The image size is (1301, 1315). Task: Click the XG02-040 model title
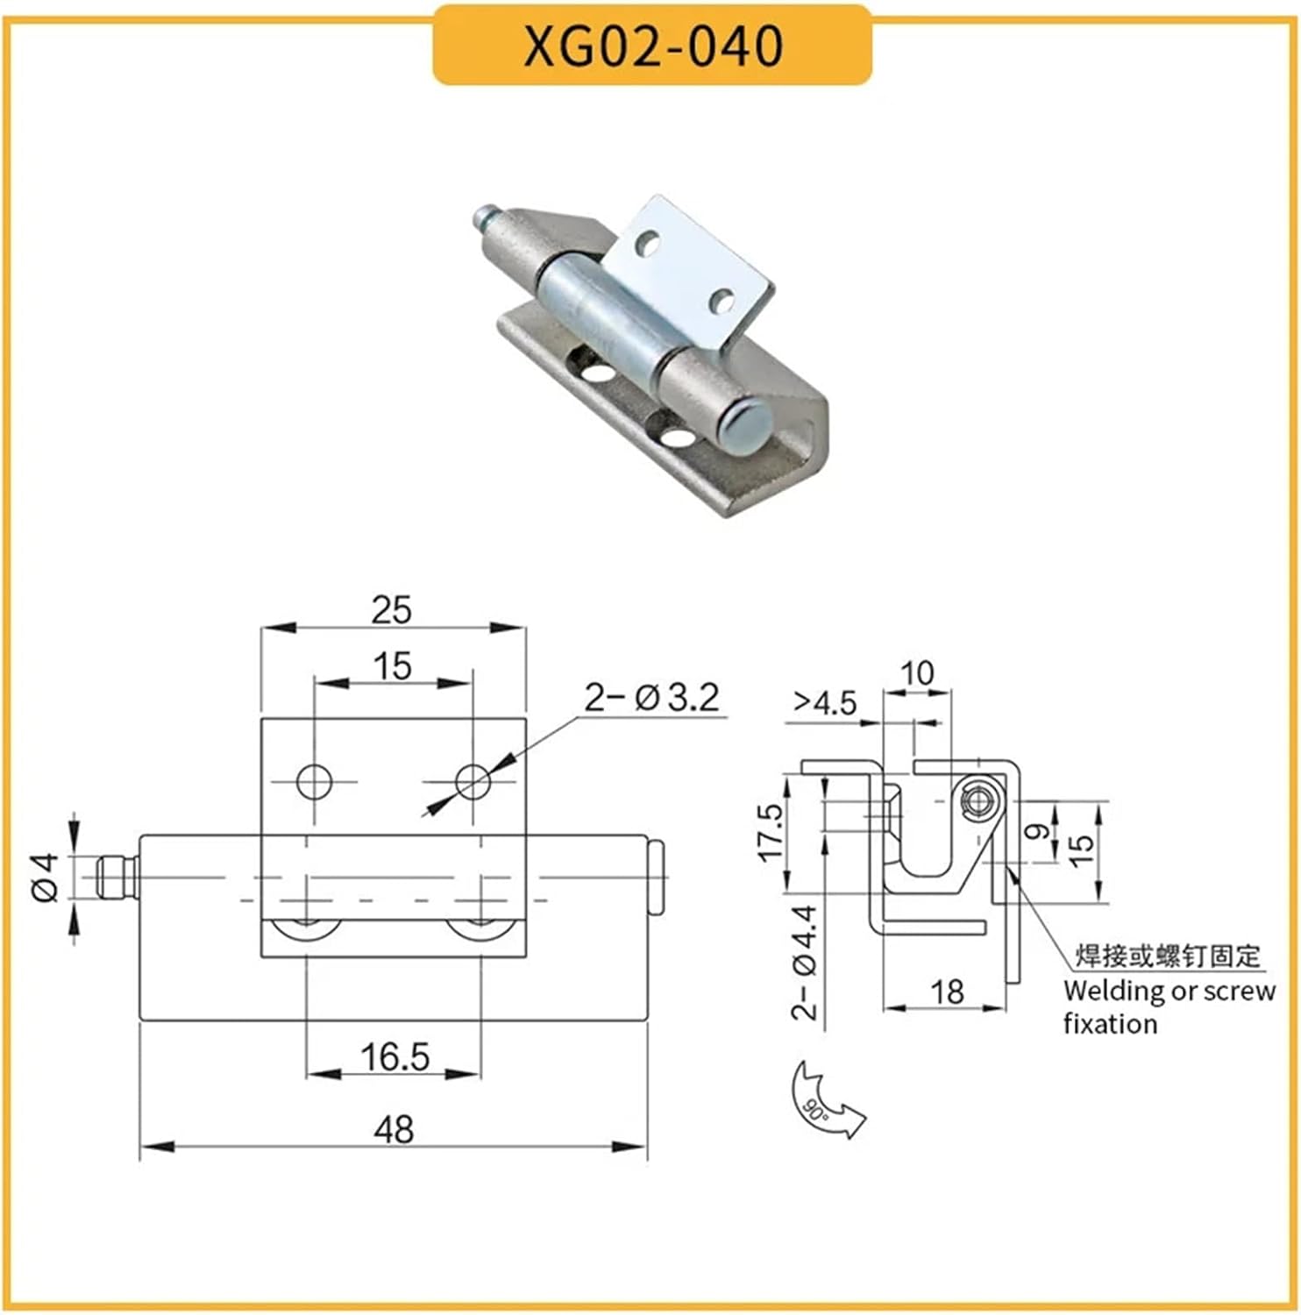652,46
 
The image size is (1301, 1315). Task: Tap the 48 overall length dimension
394,1129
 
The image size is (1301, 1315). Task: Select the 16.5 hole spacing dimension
395,1057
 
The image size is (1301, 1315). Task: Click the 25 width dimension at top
391,610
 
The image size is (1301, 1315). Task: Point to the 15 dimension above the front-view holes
393,666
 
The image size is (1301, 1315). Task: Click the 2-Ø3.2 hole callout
651,698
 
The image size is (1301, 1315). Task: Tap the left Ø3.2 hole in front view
314,780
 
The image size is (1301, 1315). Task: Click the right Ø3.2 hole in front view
473,780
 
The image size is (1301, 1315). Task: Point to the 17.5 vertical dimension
770,833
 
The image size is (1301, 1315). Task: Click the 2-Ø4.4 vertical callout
804,963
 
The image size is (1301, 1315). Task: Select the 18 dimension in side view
947,992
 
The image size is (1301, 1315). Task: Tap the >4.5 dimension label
824,703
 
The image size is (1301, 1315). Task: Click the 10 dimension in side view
917,673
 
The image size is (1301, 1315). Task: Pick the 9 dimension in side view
1038,830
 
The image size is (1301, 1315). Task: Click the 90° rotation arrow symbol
824,1100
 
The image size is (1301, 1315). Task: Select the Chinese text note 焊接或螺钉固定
1168,956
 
